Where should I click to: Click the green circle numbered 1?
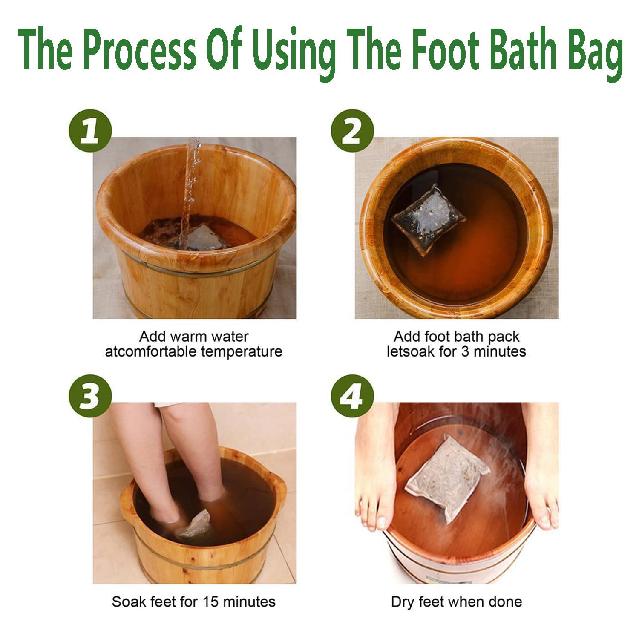coord(90,130)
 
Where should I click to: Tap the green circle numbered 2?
coord(352,130)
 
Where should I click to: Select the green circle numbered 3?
coord(90,396)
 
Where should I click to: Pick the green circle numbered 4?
coord(352,396)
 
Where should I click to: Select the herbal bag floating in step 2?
coord(428,219)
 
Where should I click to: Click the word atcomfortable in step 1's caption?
coord(151,352)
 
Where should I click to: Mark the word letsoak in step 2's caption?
coord(409,352)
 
